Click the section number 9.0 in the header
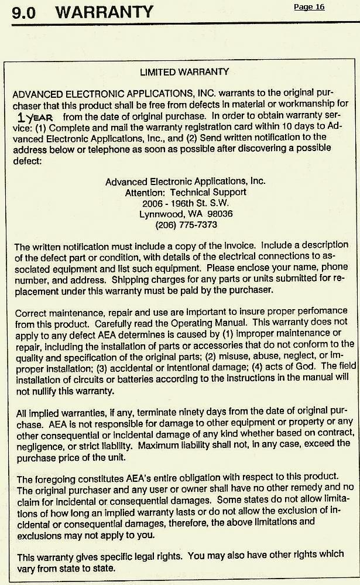(24, 12)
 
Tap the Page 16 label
(309, 7)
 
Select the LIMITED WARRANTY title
(184, 72)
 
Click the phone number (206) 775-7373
(186, 224)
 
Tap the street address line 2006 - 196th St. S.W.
(186, 203)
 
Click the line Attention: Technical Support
(186, 192)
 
